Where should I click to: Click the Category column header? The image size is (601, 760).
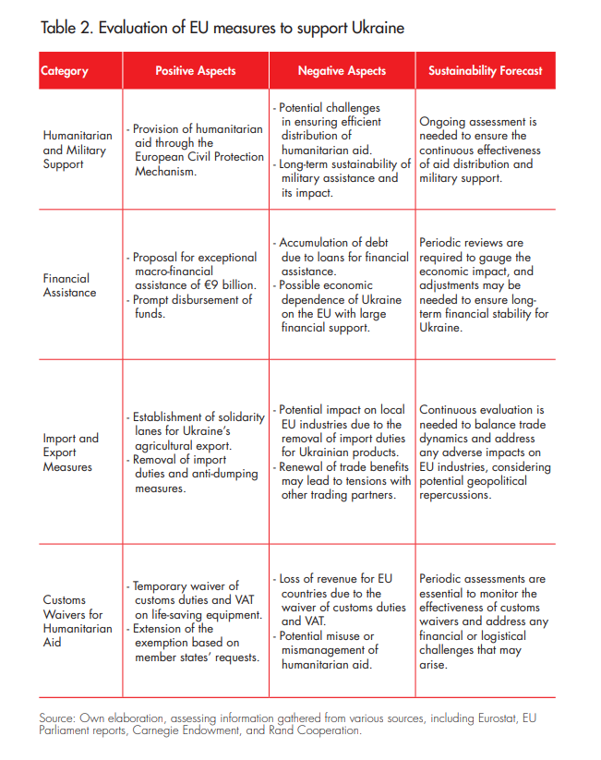click(65, 70)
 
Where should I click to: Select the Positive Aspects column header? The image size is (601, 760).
click(195, 70)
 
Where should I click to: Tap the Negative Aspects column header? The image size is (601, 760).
click(342, 70)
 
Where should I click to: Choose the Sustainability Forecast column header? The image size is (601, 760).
click(486, 70)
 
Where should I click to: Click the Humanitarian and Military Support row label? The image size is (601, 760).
click(77, 150)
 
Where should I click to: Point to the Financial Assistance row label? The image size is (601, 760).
click(69, 284)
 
